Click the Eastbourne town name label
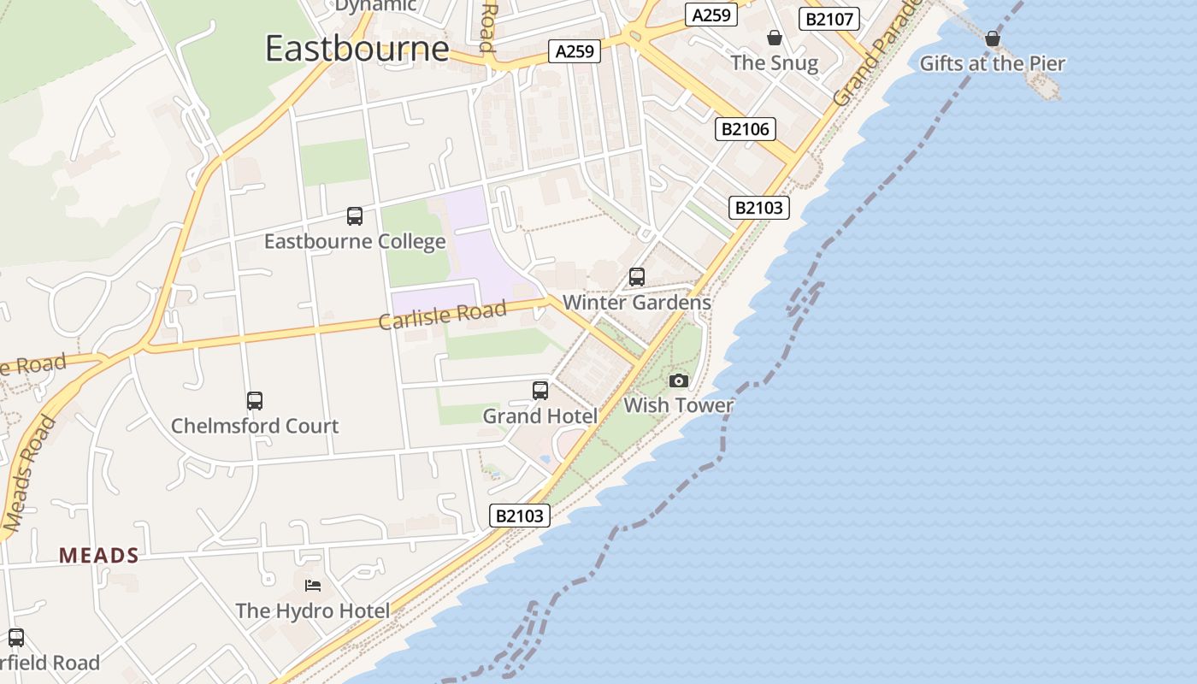tap(357, 48)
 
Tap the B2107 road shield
tap(828, 19)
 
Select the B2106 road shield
tap(745, 129)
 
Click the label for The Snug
tap(774, 62)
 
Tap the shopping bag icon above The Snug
tap(774, 38)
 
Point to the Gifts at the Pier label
tap(992, 63)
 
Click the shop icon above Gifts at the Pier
tap(992, 38)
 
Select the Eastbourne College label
tap(355, 241)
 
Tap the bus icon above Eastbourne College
tap(354, 216)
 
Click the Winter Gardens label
tap(637, 302)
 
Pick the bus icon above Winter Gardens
tap(636, 277)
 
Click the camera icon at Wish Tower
tap(678, 380)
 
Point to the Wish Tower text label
tap(678, 405)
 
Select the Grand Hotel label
tap(540, 416)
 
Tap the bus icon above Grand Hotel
tap(540, 391)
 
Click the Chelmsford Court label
tap(255, 426)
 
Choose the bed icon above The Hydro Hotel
tap(313, 586)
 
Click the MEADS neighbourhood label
tap(99, 556)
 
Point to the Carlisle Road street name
tap(442, 315)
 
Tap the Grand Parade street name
tap(876, 56)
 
